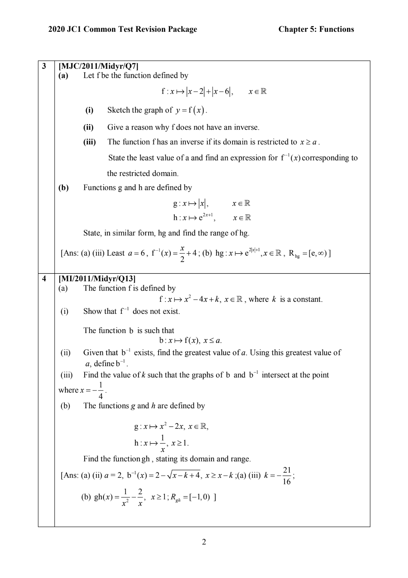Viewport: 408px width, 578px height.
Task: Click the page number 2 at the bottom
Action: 204,542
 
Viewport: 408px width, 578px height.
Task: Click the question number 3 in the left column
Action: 44,66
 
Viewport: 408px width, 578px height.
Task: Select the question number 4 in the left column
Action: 44,279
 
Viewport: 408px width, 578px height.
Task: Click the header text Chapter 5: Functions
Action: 316,29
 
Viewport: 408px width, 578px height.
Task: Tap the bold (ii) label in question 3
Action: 88,127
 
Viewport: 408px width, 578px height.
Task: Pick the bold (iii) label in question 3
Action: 89,142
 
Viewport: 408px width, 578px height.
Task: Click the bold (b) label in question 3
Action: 63,188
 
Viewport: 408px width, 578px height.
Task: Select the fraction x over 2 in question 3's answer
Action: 182,254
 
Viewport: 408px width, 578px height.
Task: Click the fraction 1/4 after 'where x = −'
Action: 100,390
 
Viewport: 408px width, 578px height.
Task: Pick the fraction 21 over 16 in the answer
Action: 286,476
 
